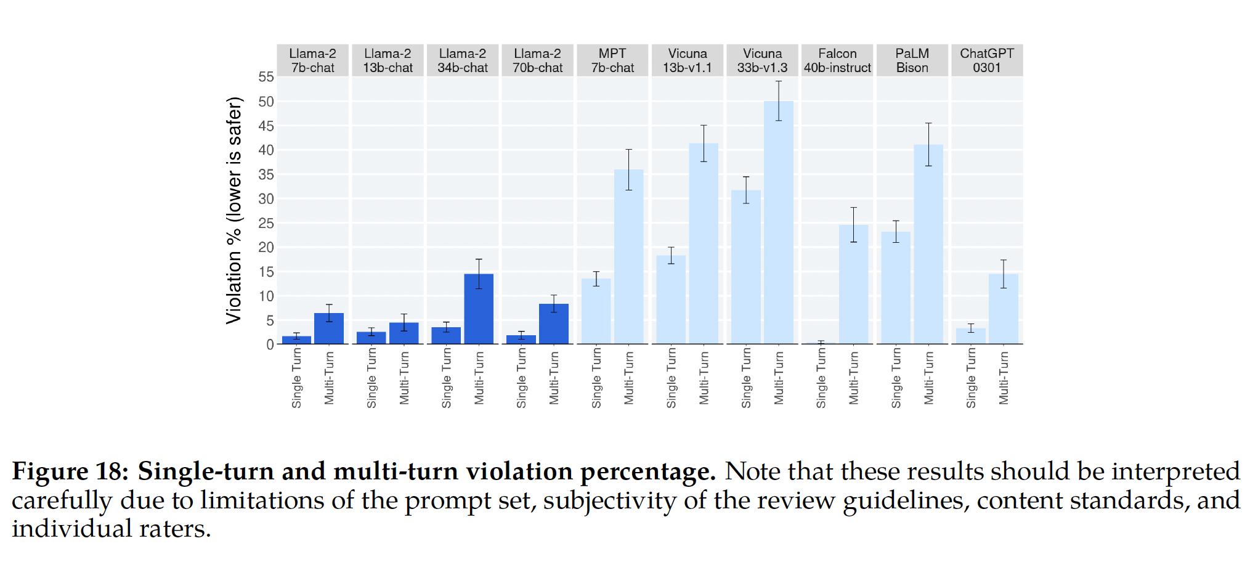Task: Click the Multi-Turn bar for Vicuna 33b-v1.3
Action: tap(779, 222)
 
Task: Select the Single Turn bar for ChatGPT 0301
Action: tap(971, 336)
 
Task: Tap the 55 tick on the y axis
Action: tap(266, 77)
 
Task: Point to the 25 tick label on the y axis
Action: tap(266, 223)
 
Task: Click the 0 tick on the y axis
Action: tap(270, 344)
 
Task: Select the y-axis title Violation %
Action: tap(234, 210)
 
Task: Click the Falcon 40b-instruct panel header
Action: tap(837, 60)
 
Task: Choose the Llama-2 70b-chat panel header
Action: tap(537, 60)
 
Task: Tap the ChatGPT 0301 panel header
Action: tap(986, 60)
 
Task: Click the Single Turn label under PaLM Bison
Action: tap(896, 378)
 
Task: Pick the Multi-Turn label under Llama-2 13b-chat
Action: tap(404, 378)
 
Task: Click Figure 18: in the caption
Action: tap(70, 472)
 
